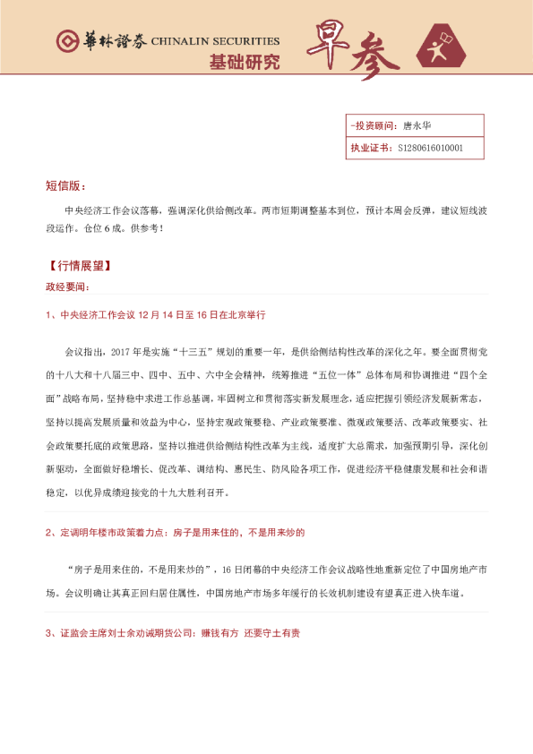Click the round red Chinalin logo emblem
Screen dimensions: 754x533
pyautogui.click(x=66, y=42)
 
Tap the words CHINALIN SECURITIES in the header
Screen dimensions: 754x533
pyautogui.click(x=215, y=42)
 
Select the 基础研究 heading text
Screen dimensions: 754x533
pyautogui.click(x=244, y=63)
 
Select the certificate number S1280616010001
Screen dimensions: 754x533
pyautogui.click(x=430, y=148)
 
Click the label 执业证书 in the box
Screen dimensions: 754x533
pyautogui.click(x=370, y=148)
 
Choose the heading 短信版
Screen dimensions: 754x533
pyautogui.click(x=65, y=186)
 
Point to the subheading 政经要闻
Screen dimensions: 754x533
pyautogui.click(x=67, y=287)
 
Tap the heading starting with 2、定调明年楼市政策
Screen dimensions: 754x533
pyautogui.click(x=175, y=532)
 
